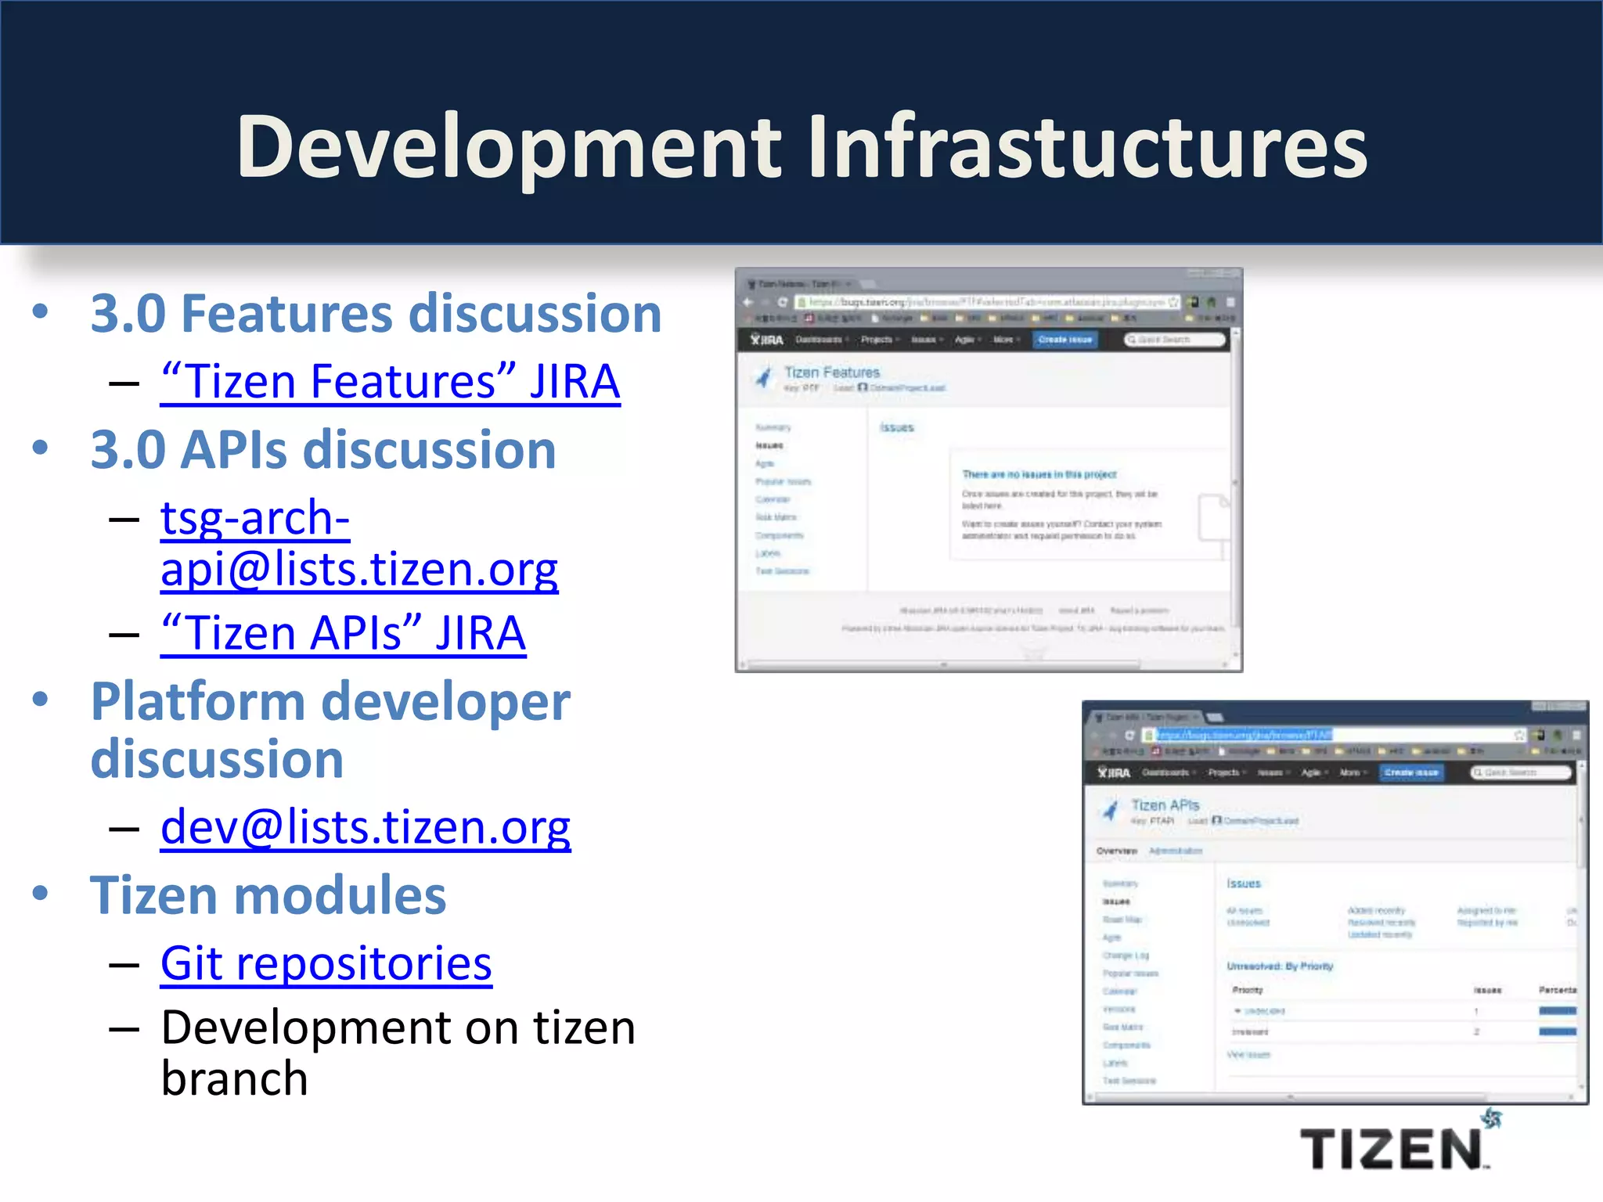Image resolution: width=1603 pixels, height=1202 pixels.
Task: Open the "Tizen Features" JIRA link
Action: coord(390,382)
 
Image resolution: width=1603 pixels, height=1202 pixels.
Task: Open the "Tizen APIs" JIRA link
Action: coord(343,633)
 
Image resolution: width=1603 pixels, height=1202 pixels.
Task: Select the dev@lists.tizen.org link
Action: coord(366,827)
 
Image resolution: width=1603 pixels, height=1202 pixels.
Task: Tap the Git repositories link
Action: coord(326,963)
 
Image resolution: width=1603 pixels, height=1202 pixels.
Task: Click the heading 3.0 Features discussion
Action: coord(376,314)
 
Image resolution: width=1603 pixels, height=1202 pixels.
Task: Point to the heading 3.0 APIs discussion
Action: coord(322,450)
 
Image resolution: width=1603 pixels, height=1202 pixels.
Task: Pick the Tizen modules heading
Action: coord(268,895)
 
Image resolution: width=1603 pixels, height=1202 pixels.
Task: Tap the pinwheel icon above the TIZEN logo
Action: coord(1492,1118)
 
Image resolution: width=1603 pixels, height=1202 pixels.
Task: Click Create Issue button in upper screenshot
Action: coord(1064,340)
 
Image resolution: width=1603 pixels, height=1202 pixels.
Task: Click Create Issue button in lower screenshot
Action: coord(1411,772)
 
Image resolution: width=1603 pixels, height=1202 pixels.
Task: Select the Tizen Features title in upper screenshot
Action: coord(831,372)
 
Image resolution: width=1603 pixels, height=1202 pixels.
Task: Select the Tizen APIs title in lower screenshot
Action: coord(1165,805)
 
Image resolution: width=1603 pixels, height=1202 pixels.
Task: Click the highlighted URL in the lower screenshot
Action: coord(1245,735)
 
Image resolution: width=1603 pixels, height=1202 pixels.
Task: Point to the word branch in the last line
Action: coord(234,1079)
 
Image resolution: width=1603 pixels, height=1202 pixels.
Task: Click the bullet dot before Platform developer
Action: coord(40,699)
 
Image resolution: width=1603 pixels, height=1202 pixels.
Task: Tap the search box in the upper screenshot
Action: coord(1174,340)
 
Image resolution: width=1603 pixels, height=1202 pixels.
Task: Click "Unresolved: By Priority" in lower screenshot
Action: coord(1280,966)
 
